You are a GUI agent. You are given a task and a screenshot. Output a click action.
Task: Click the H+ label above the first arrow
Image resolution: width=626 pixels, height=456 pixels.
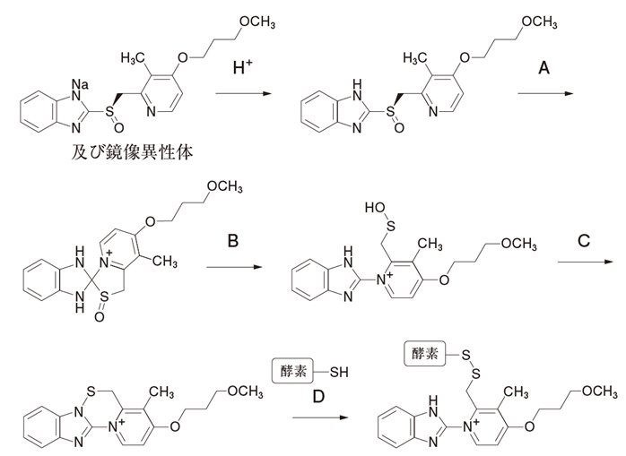(x=241, y=67)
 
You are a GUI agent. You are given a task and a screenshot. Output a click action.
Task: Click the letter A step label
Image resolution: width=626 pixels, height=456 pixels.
(x=543, y=67)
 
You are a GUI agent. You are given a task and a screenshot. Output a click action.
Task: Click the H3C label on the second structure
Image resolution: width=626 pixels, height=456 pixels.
(x=416, y=57)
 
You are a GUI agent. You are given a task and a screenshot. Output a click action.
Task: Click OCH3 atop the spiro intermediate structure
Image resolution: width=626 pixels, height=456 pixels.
(x=224, y=187)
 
